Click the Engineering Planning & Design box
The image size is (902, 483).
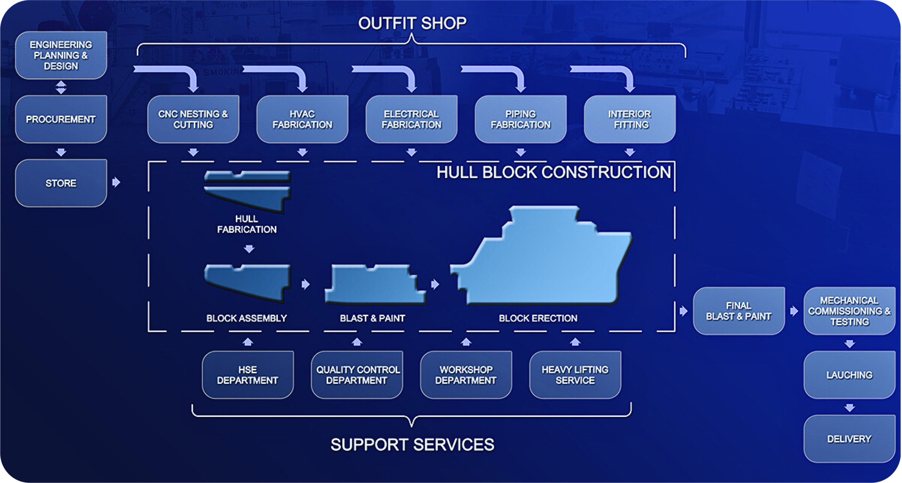(x=61, y=56)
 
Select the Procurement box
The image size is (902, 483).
(x=61, y=119)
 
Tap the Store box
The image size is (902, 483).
(x=61, y=183)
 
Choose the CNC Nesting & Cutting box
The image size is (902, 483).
(x=193, y=119)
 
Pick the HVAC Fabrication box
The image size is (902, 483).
(x=302, y=119)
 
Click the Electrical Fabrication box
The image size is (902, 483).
(x=411, y=119)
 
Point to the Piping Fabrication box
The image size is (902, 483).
(x=520, y=119)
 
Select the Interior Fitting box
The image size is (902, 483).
(x=630, y=119)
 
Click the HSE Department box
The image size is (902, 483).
(x=248, y=375)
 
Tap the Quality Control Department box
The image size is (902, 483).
(x=357, y=375)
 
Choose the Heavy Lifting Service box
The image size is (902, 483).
(x=575, y=375)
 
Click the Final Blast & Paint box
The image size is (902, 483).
(x=739, y=311)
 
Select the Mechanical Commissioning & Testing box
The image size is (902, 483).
(x=849, y=311)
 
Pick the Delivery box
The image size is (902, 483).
(x=849, y=439)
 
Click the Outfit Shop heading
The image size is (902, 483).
(x=412, y=23)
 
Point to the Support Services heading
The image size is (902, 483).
(x=412, y=445)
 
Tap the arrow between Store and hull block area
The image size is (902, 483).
(x=116, y=182)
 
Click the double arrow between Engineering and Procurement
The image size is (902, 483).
(x=61, y=87)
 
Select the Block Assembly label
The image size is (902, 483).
(x=246, y=318)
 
